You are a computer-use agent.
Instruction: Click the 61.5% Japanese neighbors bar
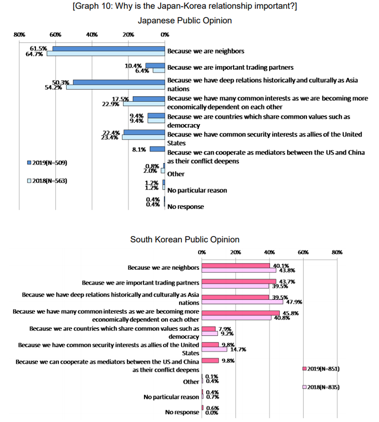(x=108, y=48)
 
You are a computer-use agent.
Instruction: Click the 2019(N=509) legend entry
(x=47, y=163)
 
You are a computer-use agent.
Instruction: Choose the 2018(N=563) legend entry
(x=47, y=181)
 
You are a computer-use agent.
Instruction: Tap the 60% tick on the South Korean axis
(x=303, y=252)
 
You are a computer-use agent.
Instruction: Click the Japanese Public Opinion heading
(x=184, y=20)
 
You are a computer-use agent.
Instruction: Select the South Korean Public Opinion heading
(x=185, y=240)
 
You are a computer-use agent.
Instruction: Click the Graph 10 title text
(x=185, y=7)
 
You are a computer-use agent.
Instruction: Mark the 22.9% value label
(x=111, y=104)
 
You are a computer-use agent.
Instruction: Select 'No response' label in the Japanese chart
(x=186, y=207)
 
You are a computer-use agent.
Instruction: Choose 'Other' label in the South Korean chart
(x=191, y=382)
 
